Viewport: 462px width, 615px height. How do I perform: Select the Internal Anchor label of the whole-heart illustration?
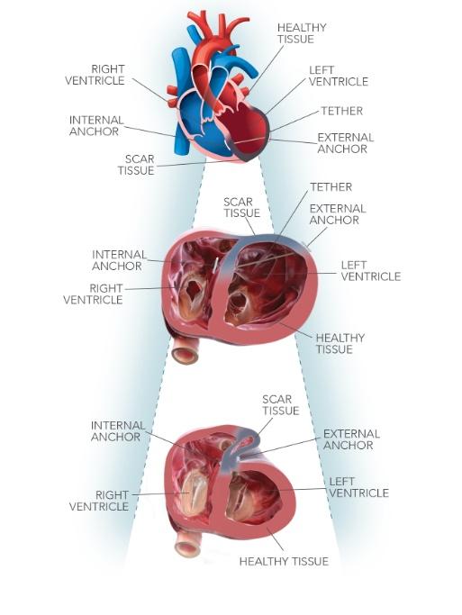[96, 125]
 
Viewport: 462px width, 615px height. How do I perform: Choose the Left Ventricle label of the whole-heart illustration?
[338, 76]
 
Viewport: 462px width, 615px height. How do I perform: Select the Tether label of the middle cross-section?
[331, 186]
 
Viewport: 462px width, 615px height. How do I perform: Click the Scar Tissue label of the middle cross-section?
[241, 207]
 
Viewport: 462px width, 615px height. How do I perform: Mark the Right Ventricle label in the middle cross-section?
[93, 294]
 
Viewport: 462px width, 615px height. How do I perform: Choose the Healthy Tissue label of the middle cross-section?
[340, 343]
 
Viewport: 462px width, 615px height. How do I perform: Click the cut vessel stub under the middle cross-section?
[185, 350]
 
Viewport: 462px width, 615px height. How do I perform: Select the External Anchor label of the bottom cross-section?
[351, 439]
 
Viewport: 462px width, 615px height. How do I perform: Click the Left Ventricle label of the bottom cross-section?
[358, 487]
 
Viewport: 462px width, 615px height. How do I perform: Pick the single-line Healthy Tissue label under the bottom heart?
[283, 561]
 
